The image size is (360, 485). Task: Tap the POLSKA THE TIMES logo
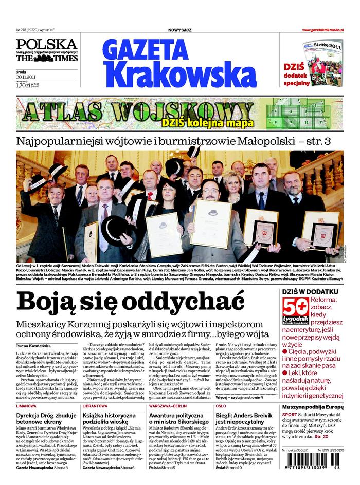[x=46, y=50]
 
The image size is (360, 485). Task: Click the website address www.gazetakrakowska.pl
[x=322, y=30]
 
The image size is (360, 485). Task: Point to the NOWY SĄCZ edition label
[x=179, y=30]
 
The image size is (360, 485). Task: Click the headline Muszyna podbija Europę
[x=312, y=406]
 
